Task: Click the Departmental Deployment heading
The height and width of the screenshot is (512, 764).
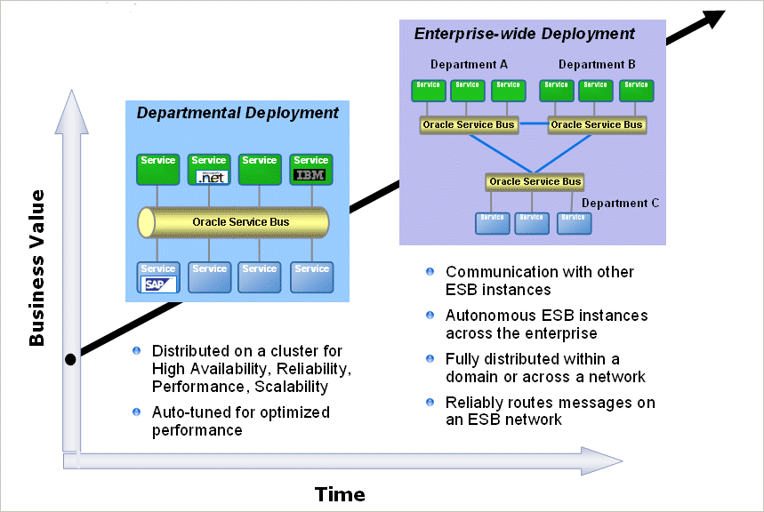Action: [237, 113]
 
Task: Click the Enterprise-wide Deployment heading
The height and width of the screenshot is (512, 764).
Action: [525, 34]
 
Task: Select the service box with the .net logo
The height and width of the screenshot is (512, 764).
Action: [209, 169]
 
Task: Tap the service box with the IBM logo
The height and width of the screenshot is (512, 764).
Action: [310, 169]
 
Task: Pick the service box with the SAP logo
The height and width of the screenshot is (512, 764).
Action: [158, 277]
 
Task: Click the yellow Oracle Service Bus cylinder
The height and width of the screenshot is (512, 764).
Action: [233, 221]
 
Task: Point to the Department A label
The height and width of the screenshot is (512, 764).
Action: [470, 65]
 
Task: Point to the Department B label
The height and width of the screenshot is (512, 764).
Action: [597, 65]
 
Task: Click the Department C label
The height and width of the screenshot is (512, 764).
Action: [621, 203]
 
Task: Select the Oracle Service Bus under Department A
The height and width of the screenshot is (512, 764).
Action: [469, 124]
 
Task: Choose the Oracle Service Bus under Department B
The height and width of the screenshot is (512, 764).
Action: [597, 124]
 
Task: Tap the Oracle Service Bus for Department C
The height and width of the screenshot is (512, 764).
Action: [535, 181]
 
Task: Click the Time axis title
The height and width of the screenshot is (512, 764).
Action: [340, 494]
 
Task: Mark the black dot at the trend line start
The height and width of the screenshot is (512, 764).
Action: [71, 360]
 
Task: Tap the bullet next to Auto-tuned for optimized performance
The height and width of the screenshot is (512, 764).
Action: [137, 412]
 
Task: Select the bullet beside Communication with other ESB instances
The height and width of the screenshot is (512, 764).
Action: [430, 271]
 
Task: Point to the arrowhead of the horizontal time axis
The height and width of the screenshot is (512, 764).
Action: [605, 460]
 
